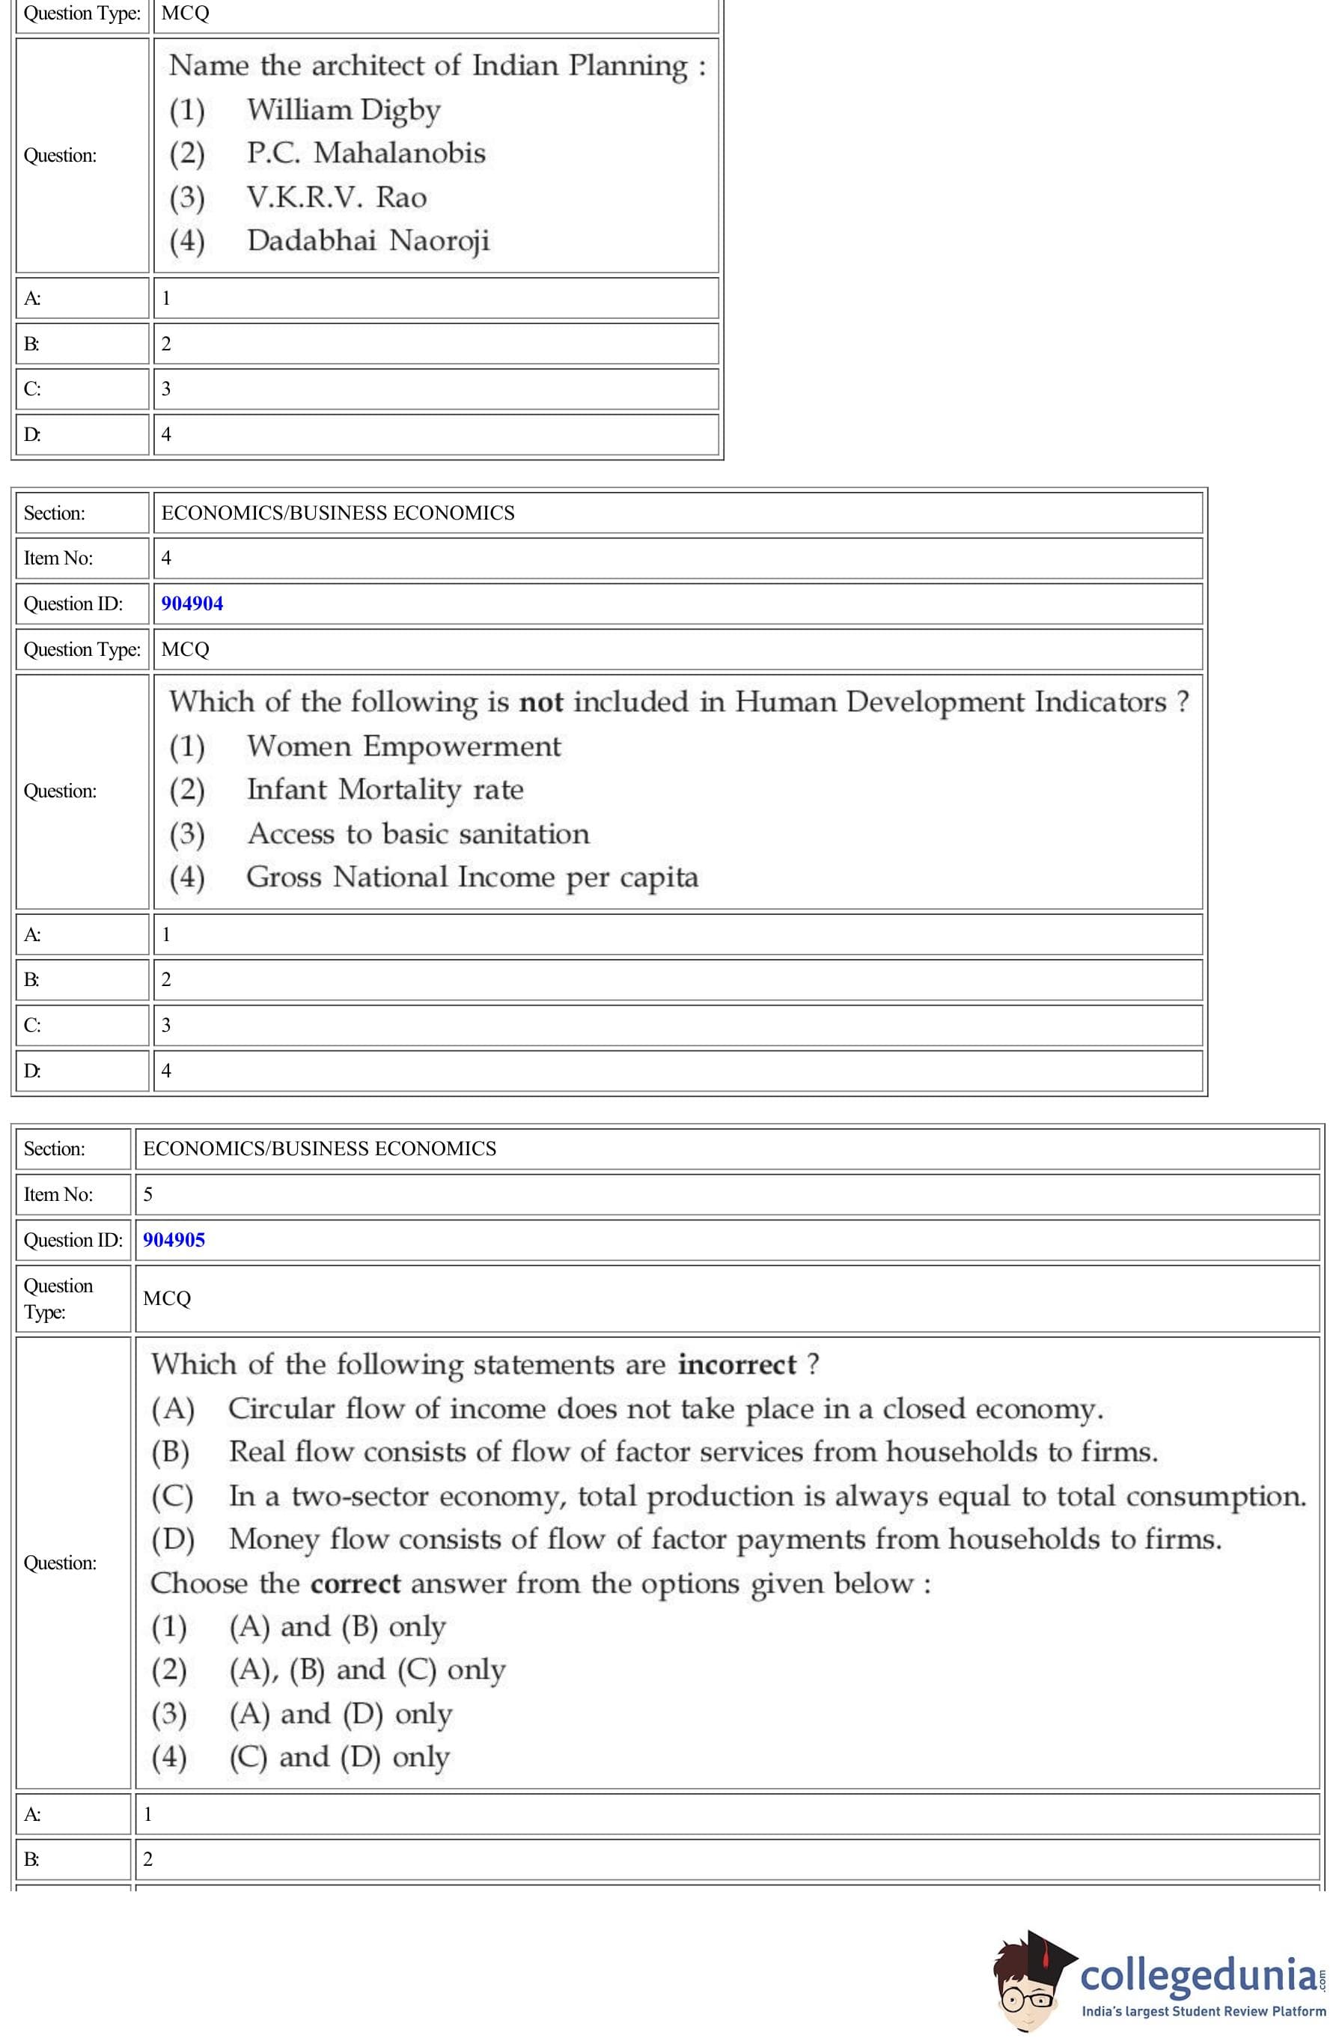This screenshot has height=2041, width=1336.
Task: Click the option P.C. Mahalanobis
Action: (365, 153)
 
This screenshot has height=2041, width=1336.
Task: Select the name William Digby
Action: (343, 110)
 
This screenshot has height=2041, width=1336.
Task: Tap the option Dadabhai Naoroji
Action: (368, 241)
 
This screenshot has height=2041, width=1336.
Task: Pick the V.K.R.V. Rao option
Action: (336, 197)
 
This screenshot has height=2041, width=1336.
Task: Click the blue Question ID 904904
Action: (192, 603)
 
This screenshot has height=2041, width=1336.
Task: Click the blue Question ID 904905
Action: (174, 1240)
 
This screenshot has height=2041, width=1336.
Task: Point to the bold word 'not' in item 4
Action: (541, 702)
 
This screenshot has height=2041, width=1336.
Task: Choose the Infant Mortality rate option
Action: (385, 790)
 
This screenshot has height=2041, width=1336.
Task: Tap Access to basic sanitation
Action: (418, 833)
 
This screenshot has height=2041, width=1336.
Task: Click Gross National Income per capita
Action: (472, 877)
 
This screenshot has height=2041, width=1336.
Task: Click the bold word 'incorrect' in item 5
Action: (736, 1364)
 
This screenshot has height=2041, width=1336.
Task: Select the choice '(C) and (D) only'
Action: (339, 1757)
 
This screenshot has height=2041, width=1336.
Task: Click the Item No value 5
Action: (148, 1195)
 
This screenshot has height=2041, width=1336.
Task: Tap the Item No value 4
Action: (166, 559)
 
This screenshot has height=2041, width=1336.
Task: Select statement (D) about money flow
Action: (725, 1539)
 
